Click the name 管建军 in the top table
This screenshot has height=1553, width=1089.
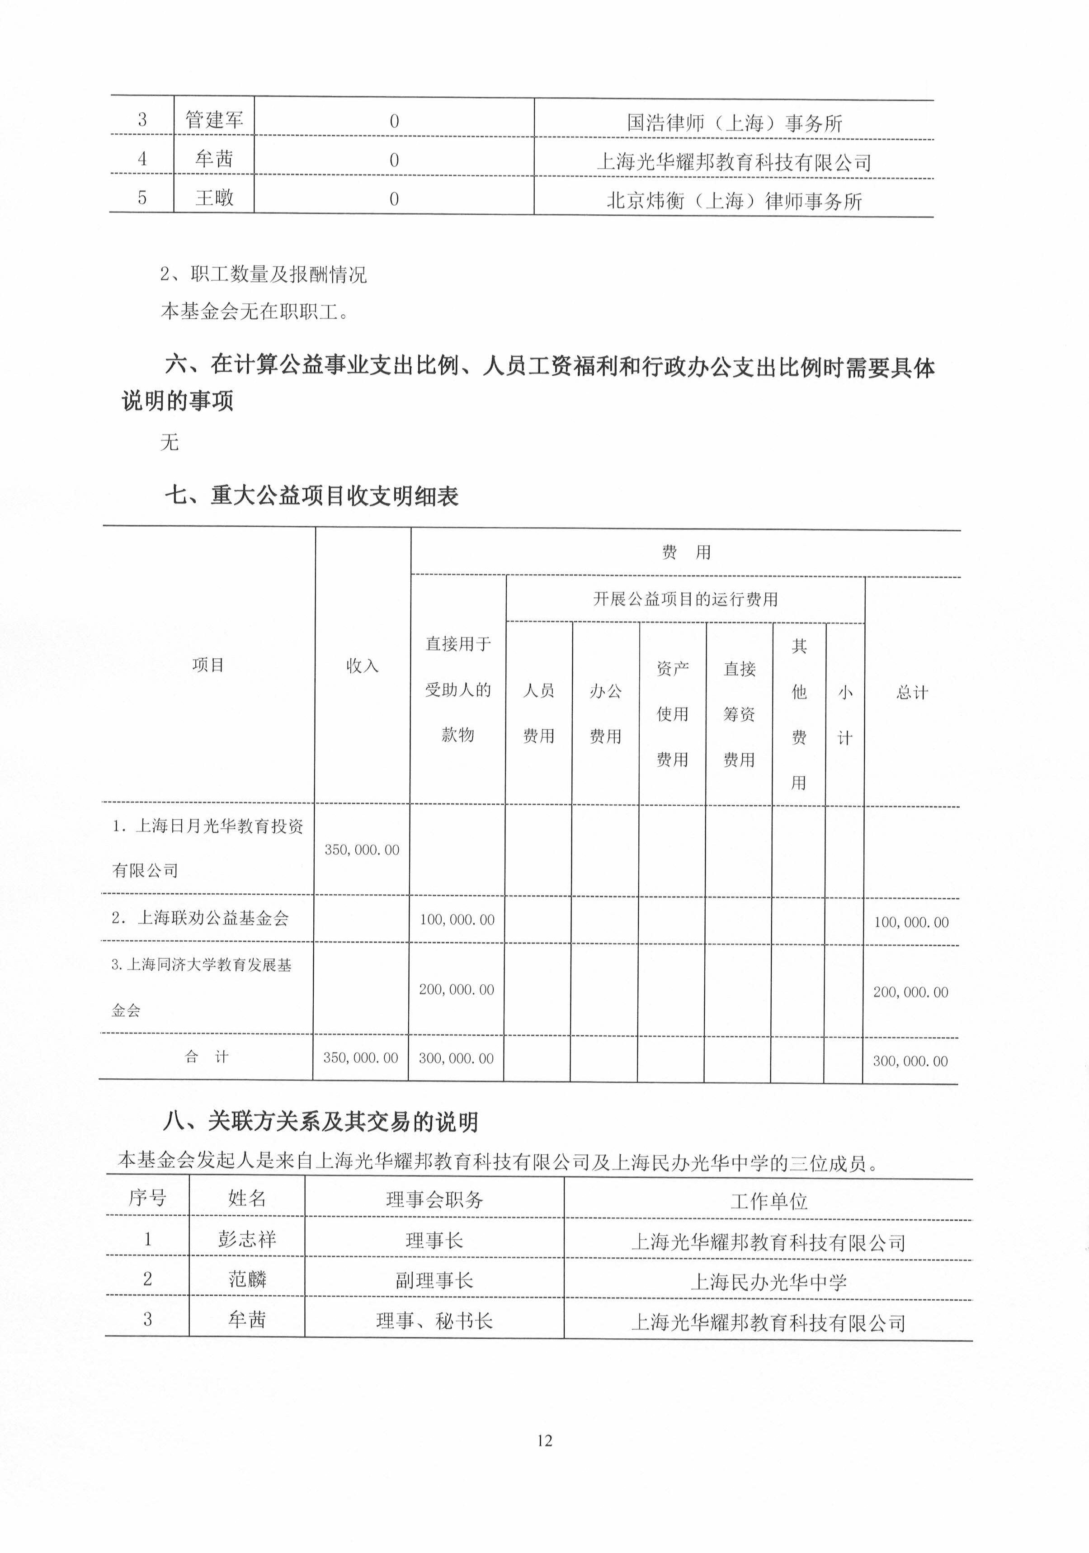click(214, 120)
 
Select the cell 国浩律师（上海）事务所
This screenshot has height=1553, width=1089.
click(734, 123)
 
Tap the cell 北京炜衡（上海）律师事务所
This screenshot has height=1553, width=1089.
click(734, 201)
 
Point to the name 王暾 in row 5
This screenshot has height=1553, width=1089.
click(214, 198)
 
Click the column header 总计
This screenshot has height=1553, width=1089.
click(912, 692)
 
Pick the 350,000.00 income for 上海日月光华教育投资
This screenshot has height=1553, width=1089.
click(362, 850)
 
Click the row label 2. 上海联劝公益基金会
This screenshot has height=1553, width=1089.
click(200, 918)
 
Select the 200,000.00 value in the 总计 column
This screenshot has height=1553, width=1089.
click(910, 991)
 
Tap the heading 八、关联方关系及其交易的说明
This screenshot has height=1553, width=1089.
click(321, 1122)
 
